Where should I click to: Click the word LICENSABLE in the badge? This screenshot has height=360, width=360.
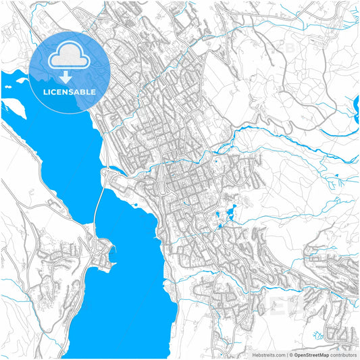point(70,91)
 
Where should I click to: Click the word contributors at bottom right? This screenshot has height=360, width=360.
point(344,354)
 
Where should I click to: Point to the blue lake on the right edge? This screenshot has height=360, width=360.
point(356,105)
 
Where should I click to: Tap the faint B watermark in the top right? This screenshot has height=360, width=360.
point(290,49)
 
